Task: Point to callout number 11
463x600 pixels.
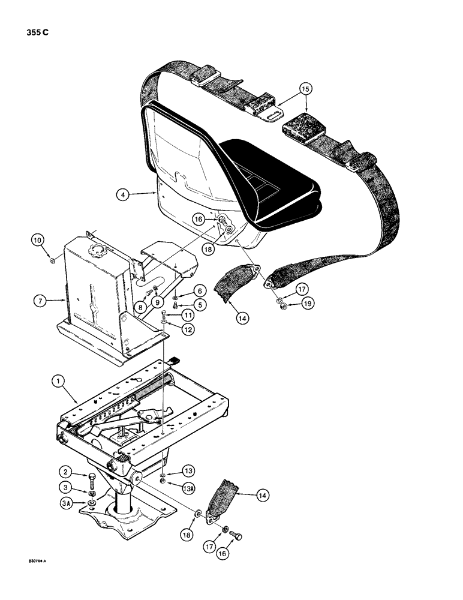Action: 187,315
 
